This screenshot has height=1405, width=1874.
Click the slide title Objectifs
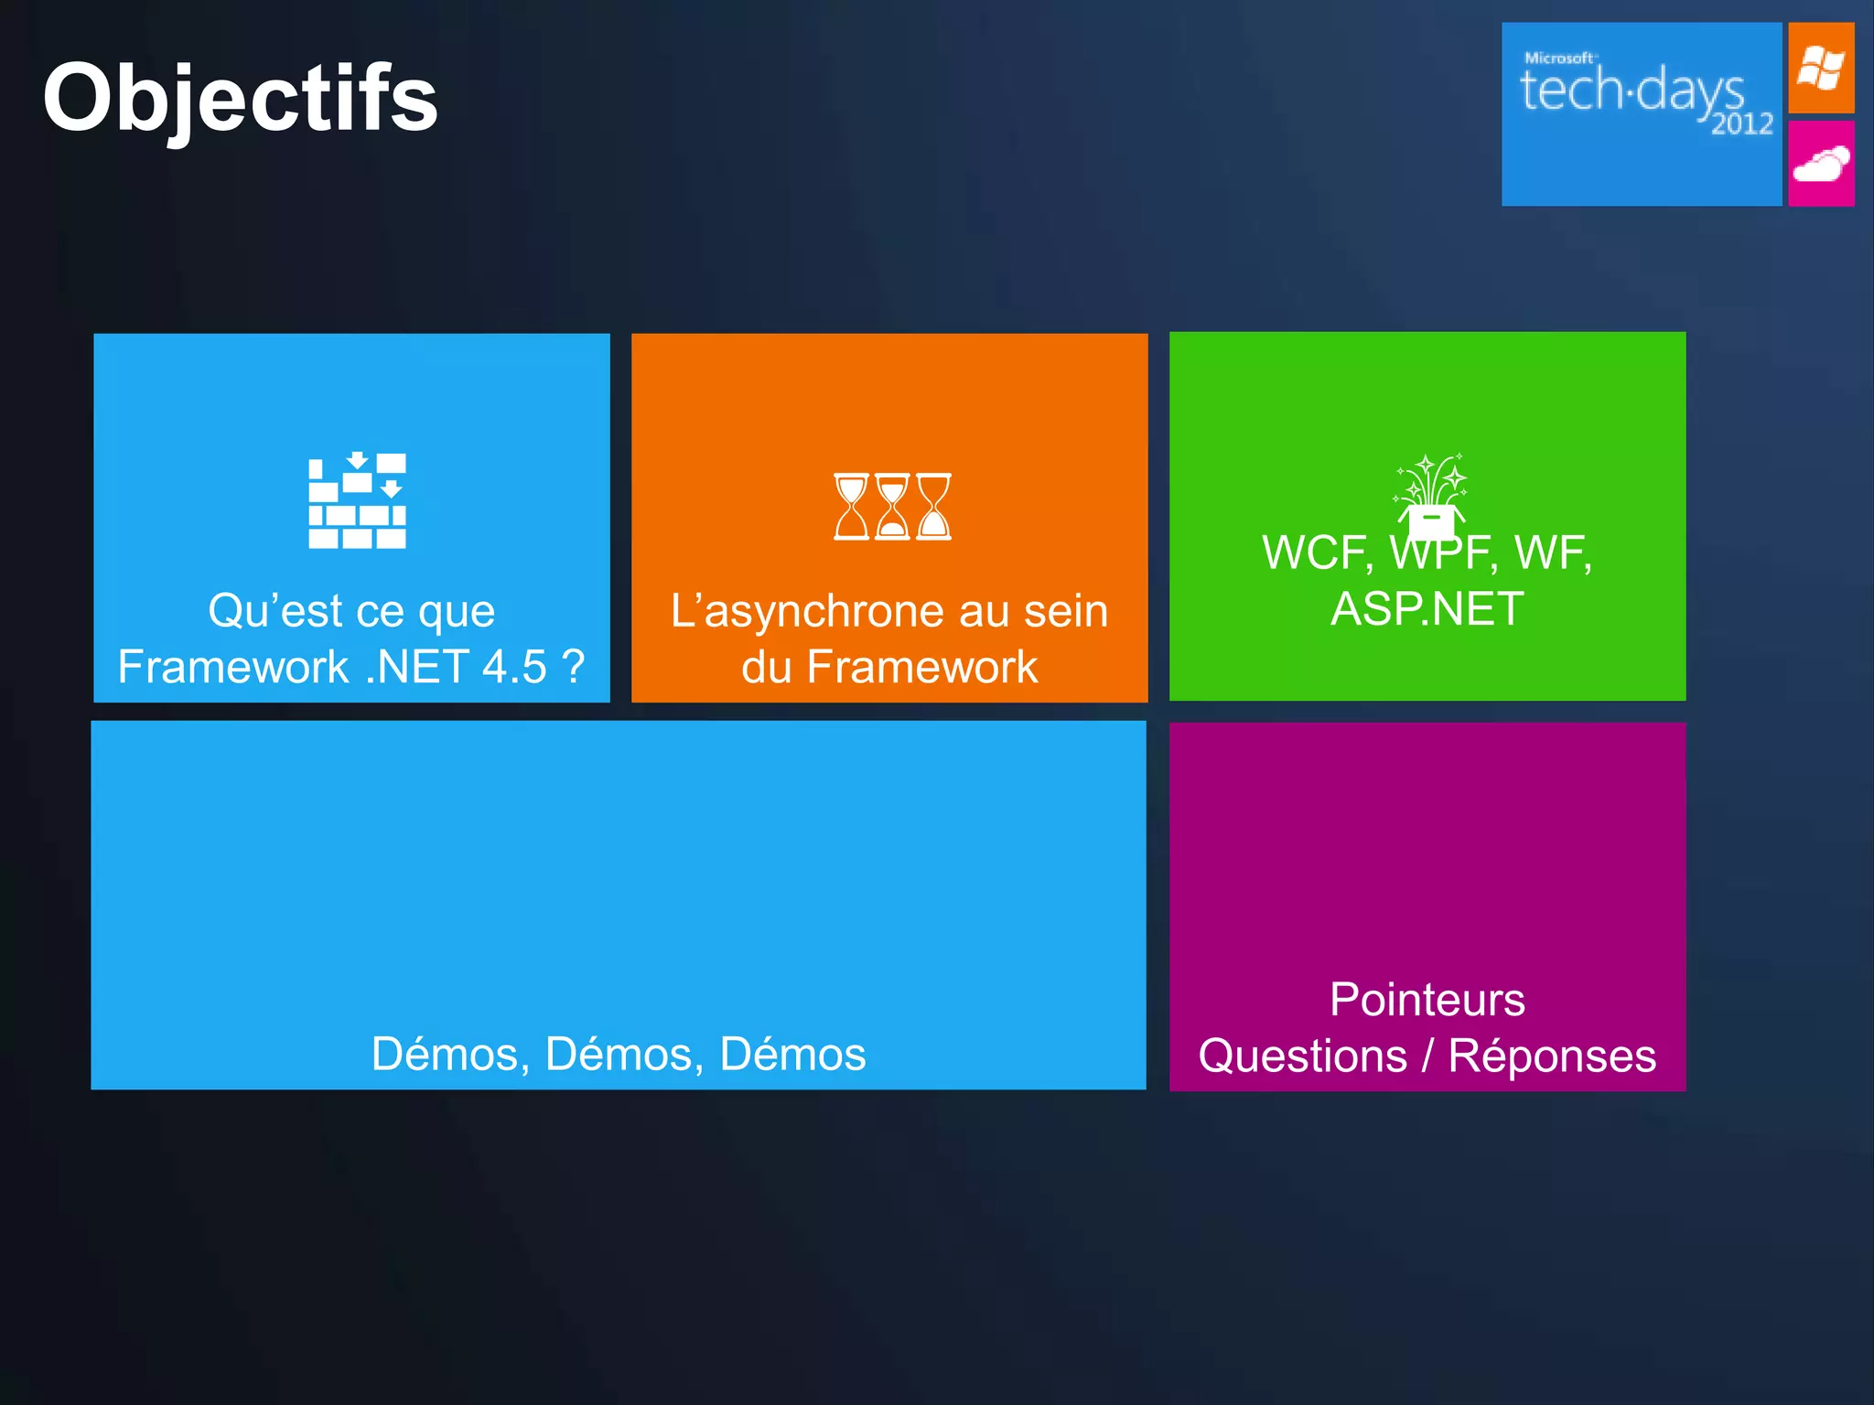(x=241, y=99)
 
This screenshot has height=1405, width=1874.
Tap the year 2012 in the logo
(x=1742, y=123)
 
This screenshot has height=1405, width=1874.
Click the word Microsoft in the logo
(x=1559, y=58)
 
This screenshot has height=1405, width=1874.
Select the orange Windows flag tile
(x=1821, y=69)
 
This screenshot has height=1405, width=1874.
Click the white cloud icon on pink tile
(x=1821, y=165)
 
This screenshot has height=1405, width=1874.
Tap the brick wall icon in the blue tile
(x=357, y=501)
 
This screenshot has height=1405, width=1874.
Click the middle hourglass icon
(x=892, y=506)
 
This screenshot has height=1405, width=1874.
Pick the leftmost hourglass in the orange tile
(x=851, y=506)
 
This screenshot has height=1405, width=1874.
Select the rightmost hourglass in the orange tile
(x=934, y=506)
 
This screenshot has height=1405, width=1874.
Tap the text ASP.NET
(x=1427, y=609)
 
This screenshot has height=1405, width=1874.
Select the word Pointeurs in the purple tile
(x=1427, y=1000)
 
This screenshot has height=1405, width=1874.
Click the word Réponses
(x=1552, y=1056)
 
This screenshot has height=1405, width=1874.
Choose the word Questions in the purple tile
(x=1303, y=1056)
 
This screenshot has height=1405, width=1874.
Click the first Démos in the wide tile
(x=445, y=1054)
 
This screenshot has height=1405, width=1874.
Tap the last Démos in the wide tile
(x=792, y=1054)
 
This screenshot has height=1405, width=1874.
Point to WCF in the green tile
(x=1316, y=553)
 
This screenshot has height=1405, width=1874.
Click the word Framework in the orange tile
(x=922, y=667)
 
